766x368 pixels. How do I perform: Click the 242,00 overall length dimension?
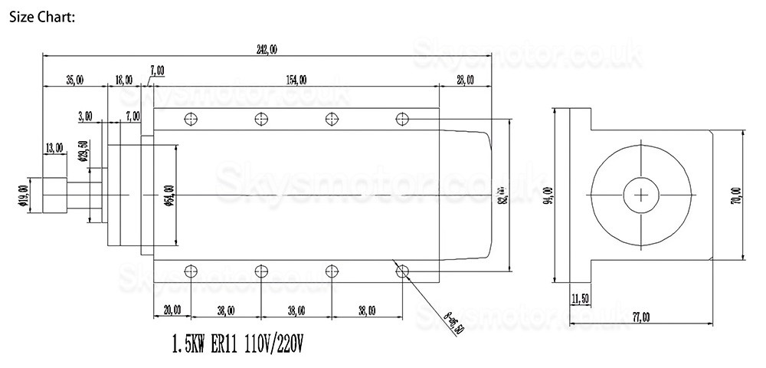click(267, 50)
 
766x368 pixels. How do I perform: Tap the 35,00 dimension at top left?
click(74, 80)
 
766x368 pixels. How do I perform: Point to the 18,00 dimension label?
click(123, 80)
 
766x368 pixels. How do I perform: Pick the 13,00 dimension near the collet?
click(54, 148)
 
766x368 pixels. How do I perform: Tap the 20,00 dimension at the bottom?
click(172, 310)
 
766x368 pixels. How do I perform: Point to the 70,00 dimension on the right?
click(736, 196)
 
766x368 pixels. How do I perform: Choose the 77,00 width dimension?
click(640, 316)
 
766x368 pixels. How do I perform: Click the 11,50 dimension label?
click(581, 297)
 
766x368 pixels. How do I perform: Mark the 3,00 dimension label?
click(85, 117)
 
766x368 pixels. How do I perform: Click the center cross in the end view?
click(640, 196)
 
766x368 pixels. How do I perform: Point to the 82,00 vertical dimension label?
click(502, 196)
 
